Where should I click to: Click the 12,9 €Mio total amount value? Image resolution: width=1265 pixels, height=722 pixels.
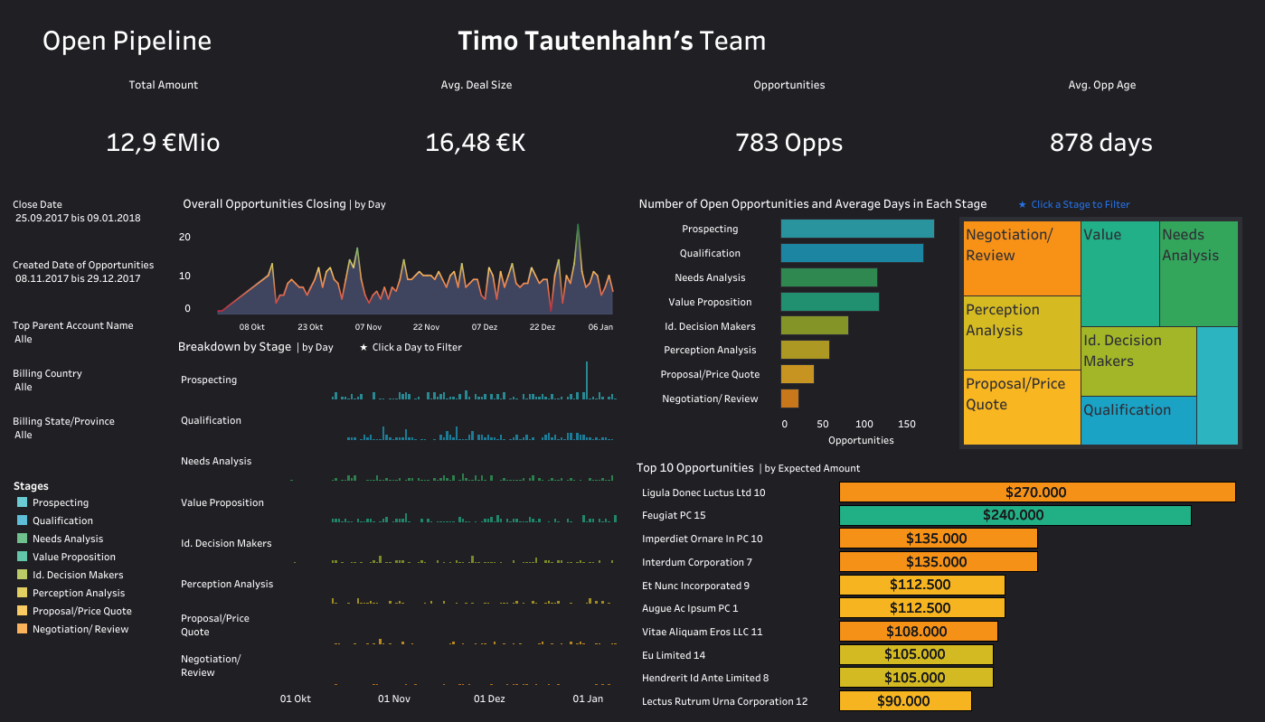point(163,143)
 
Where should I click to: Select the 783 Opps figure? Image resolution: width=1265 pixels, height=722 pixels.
point(788,143)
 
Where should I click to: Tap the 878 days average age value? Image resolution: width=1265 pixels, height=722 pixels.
point(1100,143)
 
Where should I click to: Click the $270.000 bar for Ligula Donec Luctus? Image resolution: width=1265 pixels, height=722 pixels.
point(1036,492)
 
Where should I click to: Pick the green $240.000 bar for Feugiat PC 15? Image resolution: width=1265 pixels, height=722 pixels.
point(1014,515)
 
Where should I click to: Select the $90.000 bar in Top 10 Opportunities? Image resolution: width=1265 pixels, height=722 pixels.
point(904,701)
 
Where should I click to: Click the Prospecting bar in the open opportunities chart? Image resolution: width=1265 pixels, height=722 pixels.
point(856,229)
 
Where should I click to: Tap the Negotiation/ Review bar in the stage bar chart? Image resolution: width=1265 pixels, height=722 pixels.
point(789,399)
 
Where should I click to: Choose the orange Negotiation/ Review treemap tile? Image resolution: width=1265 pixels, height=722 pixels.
point(1022,258)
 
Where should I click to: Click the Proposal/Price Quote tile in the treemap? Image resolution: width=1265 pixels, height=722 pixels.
point(1022,408)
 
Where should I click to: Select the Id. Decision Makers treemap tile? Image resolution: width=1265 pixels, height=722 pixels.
point(1138,361)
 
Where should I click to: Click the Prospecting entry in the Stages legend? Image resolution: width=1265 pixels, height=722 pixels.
point(60,502)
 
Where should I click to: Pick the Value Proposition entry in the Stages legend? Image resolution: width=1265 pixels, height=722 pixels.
point(73,557)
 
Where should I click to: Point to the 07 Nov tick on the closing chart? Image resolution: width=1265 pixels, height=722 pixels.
point(368,327)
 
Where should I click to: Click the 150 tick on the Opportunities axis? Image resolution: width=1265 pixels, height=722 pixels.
point(907,424)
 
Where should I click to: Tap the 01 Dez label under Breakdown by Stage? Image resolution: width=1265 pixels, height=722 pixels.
point(489,699)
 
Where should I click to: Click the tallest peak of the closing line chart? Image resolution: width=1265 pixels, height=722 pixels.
point(577,226)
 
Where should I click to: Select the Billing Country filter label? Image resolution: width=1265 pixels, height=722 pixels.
point(47,373)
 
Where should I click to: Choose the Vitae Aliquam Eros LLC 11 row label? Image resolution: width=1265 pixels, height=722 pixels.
point(702,632)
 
